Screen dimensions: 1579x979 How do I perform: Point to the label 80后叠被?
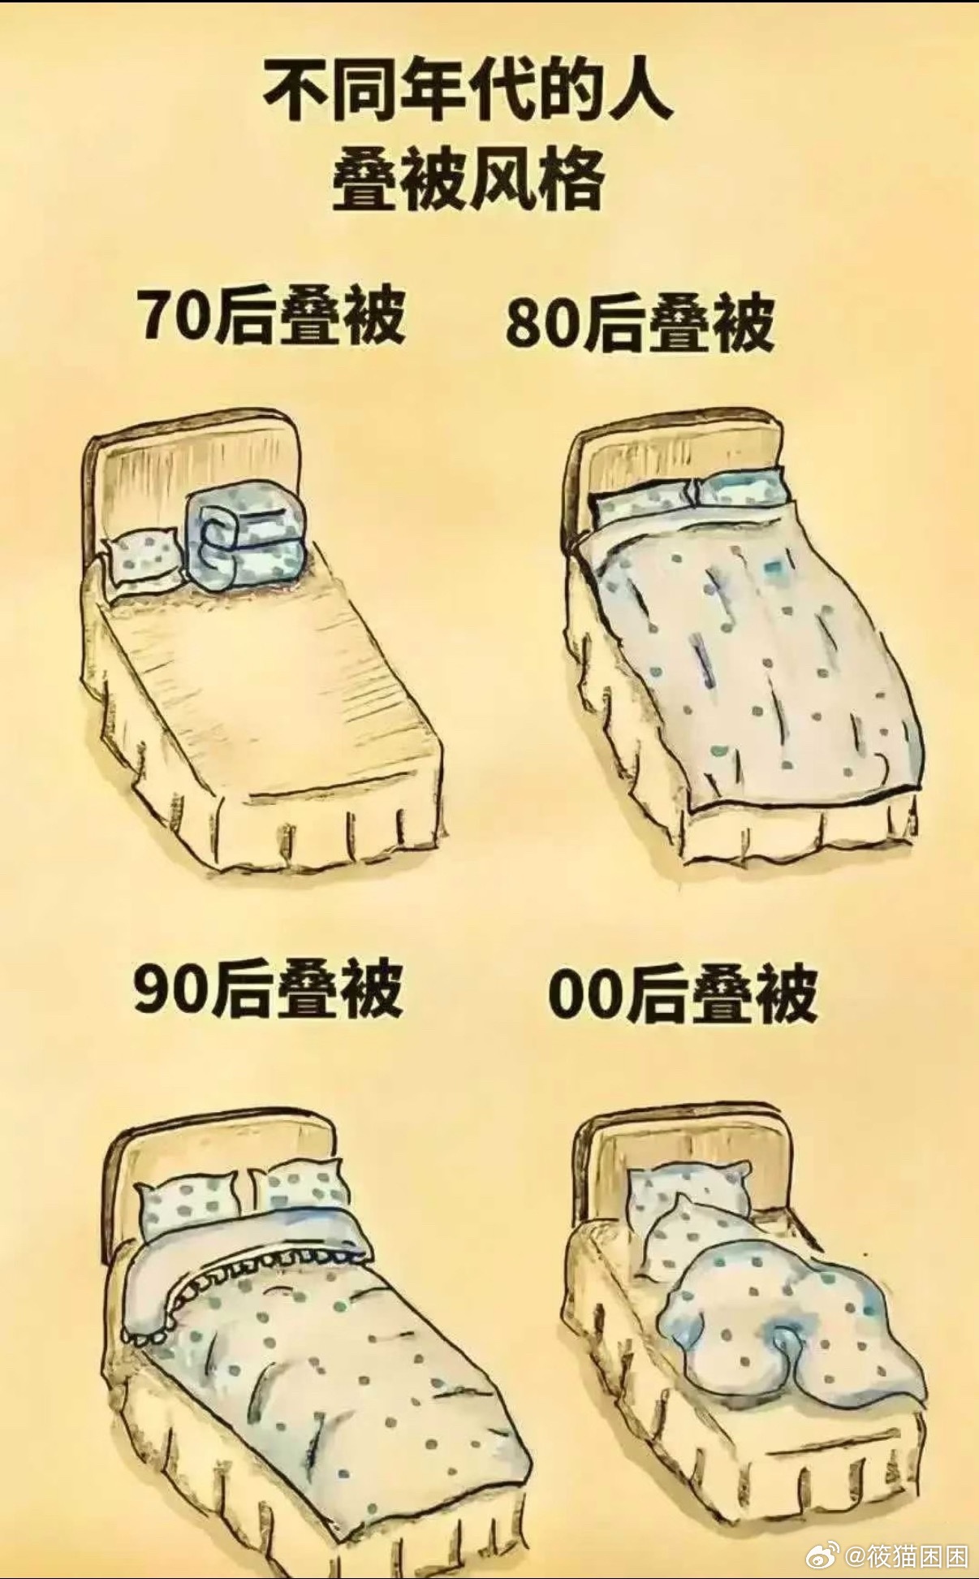(x=640, y=324)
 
